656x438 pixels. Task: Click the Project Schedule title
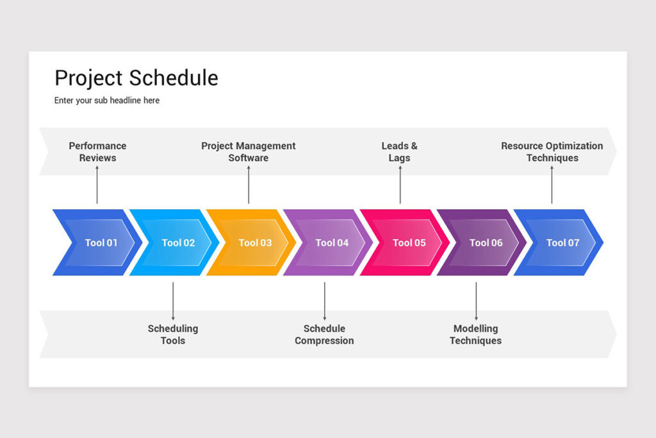[x=136, y=78]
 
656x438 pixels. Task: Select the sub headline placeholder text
[x=106, y=101]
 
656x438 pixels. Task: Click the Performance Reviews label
[x=97, y=152]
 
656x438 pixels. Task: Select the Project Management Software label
[x=249, y=152]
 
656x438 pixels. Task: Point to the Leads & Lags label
[x=400, y=152]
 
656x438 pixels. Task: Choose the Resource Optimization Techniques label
[x=552, y=152]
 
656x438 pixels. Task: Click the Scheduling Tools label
[x=173, y=334]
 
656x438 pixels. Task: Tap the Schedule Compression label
[x=324, y=334]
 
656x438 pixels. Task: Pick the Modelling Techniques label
[x=475, y=334]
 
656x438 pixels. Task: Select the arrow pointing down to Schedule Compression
[x=324, y=301]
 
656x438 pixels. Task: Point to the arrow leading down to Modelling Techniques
[x=475, y=301]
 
